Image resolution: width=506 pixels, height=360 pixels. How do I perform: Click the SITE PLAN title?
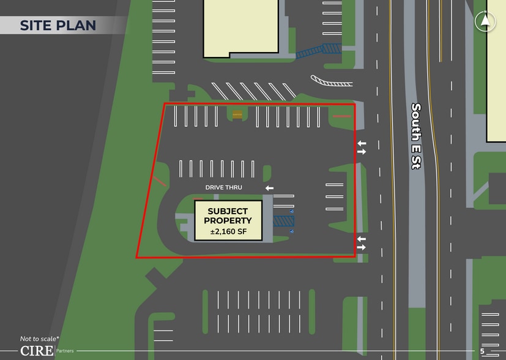pyautogui.click(x=58, y=25)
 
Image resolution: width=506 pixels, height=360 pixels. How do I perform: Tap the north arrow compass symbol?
pyautogui.click(x=485, y=21)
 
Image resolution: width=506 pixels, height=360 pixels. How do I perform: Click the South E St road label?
pyautogui.click(x=415, y=135)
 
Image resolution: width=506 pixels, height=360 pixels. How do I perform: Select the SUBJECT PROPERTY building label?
pyautogui.click(x=228, y=216)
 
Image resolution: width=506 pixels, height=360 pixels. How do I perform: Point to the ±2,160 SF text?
pyautogui.click(x=228, y=231)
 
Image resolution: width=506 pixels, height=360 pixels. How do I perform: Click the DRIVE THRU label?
pyautogui.click(x=223, y=187)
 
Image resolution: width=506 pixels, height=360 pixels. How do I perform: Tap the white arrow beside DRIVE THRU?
pyautogui.click(x=269, y=188)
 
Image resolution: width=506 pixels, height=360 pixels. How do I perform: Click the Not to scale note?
pyautogui.click(x=39, y=339)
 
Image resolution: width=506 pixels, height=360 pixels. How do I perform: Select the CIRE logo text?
pyautogui.click(x=37, y=351)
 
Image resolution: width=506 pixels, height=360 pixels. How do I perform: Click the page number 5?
pyautogui.click(x=482, y=351)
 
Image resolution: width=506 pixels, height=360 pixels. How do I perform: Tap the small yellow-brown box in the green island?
pyautogui.click(x=237, y=114)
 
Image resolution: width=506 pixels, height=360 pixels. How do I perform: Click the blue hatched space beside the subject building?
pyautogui.click(x=283, y=221)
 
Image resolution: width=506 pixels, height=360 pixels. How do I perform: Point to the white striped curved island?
pyautogui.click(x=331, y=81)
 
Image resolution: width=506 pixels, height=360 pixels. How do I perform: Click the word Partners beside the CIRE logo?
pyautogui.click(x=65, y=351)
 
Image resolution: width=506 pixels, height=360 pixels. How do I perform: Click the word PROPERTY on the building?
pyautogui.click(x=228, y=221)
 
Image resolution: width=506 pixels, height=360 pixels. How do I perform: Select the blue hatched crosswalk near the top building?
pyautogui.click(x=318, y=51)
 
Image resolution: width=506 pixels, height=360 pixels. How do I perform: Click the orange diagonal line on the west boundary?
pyautogui.click(x=160, y=181)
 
